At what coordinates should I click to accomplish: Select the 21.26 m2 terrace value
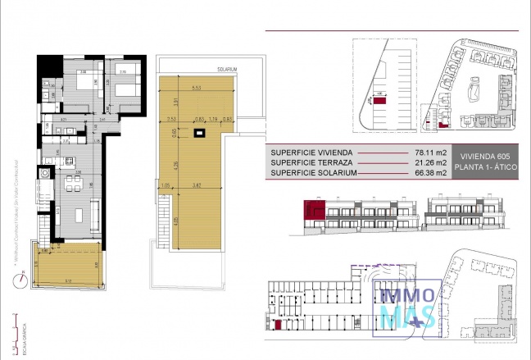tap(432, 162)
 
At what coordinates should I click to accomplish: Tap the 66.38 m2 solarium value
tap(432, 172)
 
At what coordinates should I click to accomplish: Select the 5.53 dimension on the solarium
tap(197, 88)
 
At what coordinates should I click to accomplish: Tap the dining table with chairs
tap(73, 182)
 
